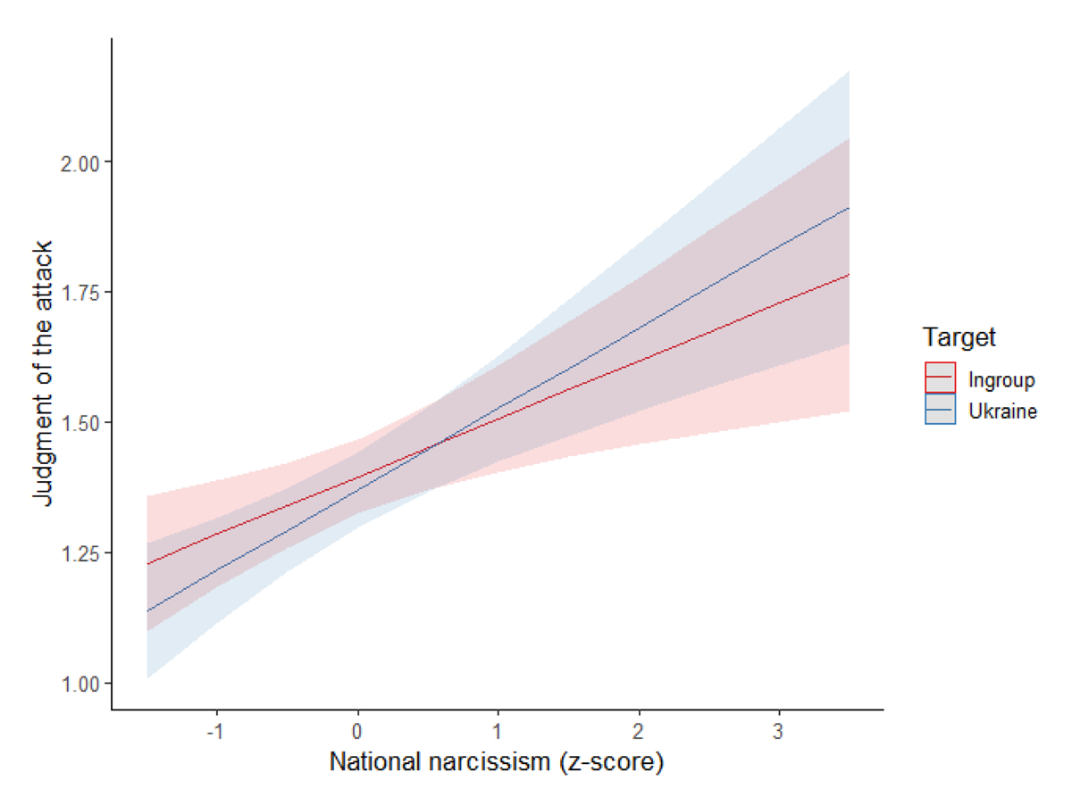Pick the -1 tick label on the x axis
(214, 732)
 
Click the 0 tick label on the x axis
(358, 732)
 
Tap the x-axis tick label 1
(498, 732)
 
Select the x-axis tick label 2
(639, 732)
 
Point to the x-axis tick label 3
(779, 732)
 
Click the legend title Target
(959, 337)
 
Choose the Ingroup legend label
(1001, 380)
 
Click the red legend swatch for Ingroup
(941, 378)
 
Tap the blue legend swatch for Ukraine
(941, 410)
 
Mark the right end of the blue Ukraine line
(849, 207)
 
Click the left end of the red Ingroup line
(147, 563)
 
